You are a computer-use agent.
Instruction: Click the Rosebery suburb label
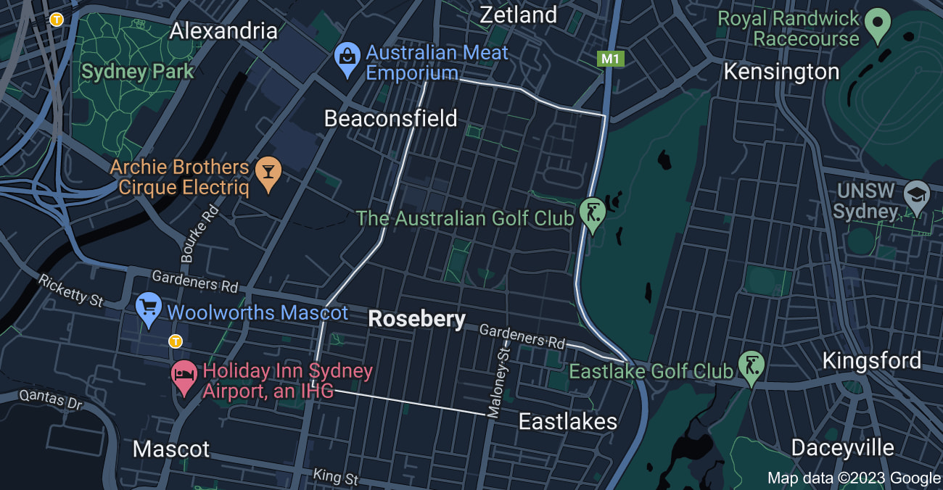[417, 319]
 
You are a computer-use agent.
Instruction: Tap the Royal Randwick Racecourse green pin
[878, 25]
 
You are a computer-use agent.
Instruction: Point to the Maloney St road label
[499, 381]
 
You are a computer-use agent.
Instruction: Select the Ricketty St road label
[71, 290]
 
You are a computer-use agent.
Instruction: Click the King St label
[336, 478]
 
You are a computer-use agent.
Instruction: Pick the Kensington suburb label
[781, 72]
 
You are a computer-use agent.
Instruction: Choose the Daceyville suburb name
[842, 447]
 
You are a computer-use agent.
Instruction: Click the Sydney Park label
[137, 72]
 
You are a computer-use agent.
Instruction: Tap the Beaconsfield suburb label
[390, 118]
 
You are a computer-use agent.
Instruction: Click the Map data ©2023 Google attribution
[854, 478]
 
